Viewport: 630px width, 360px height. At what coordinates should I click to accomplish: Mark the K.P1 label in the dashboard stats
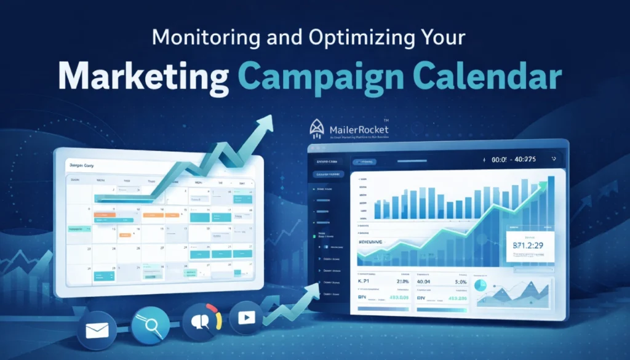pyautogui.click(x=367, y=282)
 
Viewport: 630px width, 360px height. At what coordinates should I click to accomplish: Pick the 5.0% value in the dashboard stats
pyautogui.click(x=460, y=282)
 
